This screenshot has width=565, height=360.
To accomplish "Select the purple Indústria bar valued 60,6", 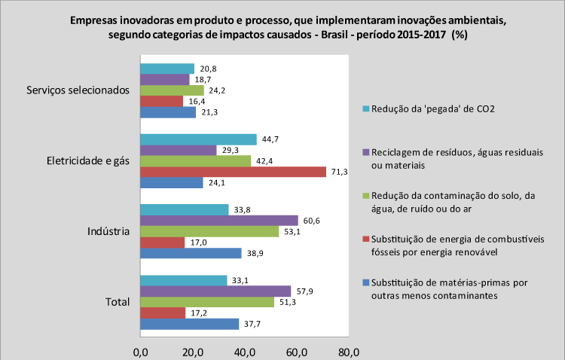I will coord(218,221).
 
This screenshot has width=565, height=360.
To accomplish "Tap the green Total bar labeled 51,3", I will coord(206,302).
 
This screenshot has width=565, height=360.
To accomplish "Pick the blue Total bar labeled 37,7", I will coord(189,324).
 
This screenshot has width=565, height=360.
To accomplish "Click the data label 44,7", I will coord(271,139).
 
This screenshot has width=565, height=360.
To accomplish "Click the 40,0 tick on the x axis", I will coord(244,351).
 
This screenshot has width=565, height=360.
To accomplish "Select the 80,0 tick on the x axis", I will coord(348,351).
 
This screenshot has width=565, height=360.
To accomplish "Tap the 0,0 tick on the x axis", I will coord(140,351).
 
